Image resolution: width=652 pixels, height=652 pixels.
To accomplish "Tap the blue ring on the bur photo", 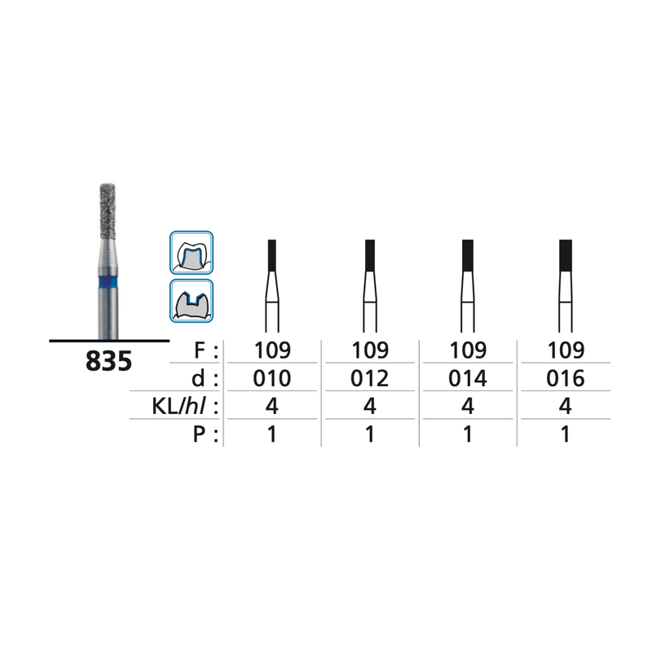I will click(108, 283).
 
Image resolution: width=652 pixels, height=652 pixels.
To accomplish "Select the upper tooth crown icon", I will click(191, 252).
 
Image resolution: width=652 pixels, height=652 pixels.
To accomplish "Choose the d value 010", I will click(272, 379).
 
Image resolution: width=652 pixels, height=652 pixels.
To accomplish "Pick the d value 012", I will click(369, 379).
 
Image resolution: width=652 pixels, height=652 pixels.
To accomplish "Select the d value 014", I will click(468, 379).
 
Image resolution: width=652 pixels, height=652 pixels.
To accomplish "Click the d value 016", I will click(566, 379).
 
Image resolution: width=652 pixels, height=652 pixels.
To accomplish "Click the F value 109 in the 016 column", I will click(566, 351).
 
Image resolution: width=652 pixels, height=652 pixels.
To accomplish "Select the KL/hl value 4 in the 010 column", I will click(272, 407).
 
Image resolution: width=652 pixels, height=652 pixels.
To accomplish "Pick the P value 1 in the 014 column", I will click(468, 434).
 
